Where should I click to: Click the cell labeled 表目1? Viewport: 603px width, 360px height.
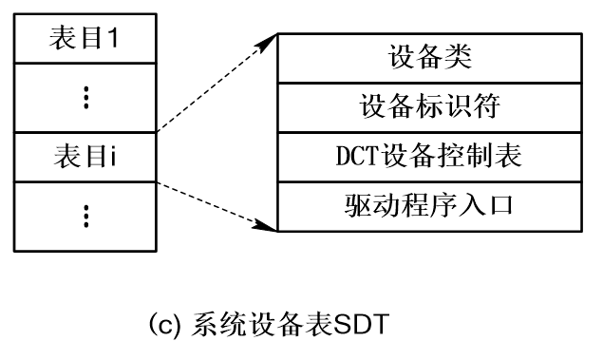pos(85,41)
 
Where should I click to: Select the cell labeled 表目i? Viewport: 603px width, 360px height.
pos(85,157)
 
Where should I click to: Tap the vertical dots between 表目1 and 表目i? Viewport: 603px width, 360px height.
pos(85,98)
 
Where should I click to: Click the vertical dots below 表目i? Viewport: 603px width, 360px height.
pos(85,216)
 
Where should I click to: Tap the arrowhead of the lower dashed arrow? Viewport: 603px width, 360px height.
pos(269,227)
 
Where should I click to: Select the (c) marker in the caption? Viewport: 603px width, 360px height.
pos(162,328)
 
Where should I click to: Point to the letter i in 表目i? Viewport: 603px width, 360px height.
pos(113,157)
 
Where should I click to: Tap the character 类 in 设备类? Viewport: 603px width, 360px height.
pos(459,58)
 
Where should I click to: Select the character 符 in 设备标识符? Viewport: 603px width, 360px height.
pos(487,106)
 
